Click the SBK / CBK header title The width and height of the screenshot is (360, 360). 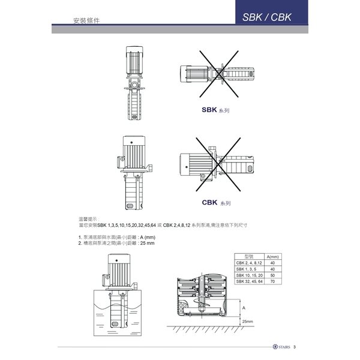[x=267, y=17]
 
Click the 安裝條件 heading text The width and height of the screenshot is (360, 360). [x=86, y=20]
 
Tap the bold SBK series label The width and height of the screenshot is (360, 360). [x=209, y=110]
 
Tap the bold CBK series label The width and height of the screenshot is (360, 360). [x=209, y=202]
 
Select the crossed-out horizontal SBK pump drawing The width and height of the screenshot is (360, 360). [x=217, y=74]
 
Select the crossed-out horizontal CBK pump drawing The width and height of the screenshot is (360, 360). [x=217, y=164]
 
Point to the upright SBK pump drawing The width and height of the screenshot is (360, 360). [x=134, y=83]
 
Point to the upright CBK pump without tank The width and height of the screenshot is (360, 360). [x=134, y=172]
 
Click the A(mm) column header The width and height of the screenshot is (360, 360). [x=273, y=256]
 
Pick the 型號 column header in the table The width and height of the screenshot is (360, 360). [x=249, y=256]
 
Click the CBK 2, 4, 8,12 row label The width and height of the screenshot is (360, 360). [x=249, y=263]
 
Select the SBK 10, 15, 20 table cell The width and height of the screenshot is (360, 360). [x=250, y=275]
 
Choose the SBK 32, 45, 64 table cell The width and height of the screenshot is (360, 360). [x=250, y=281]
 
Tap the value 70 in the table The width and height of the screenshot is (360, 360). [x=272, y=281]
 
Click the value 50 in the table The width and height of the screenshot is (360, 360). [x=272, y=275]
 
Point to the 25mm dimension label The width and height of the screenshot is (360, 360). [x=247, y=322]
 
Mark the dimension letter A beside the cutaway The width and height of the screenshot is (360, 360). [x=244, y=308]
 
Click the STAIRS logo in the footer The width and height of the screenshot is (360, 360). [x=281, y=347]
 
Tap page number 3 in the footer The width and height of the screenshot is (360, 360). [x=295, y=347]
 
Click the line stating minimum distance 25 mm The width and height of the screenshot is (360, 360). [x=116, y=243]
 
